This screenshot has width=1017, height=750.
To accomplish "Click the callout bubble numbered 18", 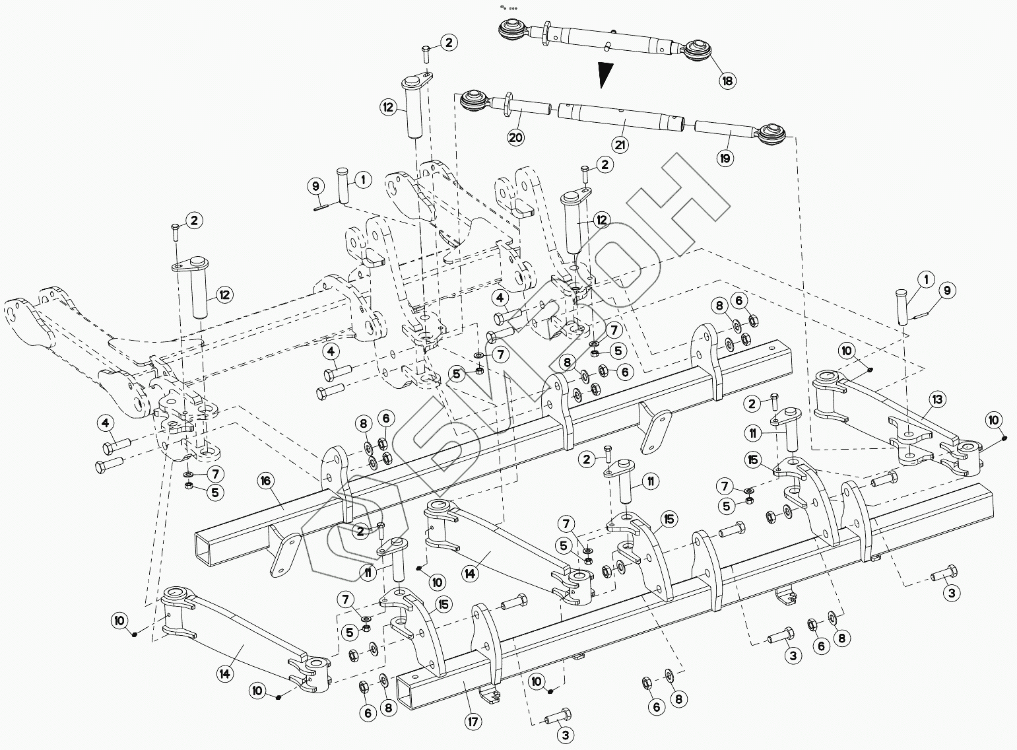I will (727, 81).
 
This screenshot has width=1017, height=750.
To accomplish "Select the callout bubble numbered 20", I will (516, 137).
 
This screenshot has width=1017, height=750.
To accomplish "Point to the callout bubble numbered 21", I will (620, 145).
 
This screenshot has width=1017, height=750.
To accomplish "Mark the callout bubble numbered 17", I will (473, 722).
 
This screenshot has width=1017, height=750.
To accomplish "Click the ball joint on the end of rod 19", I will (771, 134).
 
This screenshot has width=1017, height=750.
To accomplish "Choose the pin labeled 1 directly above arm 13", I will (902, 305).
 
